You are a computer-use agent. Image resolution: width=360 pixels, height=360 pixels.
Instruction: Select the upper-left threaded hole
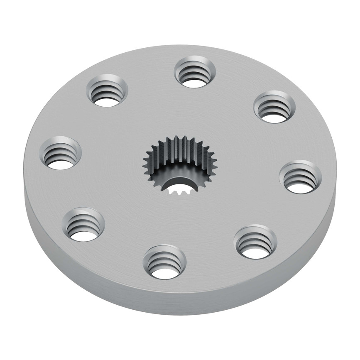click(107, 90)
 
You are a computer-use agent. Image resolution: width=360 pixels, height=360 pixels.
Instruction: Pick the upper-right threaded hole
click(274, 107)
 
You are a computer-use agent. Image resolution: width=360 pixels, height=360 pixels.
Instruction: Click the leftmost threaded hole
click(61, 152)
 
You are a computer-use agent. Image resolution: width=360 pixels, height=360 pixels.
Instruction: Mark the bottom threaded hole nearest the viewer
click(164, 262)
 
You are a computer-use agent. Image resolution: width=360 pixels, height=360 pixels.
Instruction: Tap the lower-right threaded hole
click(256, 242)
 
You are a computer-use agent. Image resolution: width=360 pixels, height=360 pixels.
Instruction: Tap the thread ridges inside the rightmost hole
click(299, 174)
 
